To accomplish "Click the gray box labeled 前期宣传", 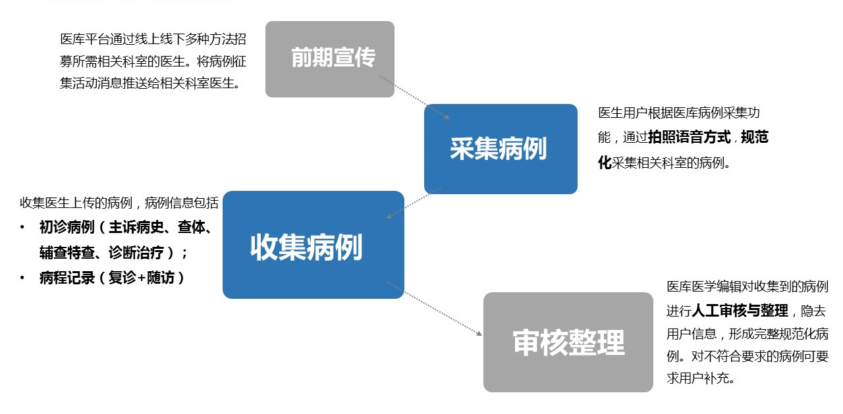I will point(329,59).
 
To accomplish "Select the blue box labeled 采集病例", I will point(501,149).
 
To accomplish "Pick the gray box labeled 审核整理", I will point(568,342).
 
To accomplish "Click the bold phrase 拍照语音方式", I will point(690,138).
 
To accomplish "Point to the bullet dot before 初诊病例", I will point(23,228).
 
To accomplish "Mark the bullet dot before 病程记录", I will point(23,278).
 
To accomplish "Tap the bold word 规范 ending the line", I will point(754,138).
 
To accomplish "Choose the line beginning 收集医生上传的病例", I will point(119,203).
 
